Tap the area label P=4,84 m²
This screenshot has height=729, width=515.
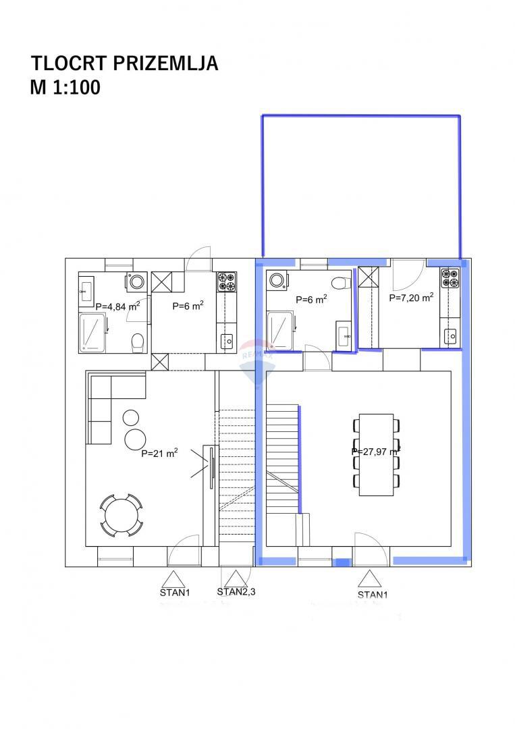117,306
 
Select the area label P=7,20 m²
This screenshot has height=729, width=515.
411,296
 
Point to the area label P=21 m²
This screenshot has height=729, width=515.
159,454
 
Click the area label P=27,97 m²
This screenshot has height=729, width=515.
376,452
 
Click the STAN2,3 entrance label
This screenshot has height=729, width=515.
236,592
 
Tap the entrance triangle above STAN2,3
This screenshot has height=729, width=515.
235,578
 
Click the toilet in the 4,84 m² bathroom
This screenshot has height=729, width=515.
137,342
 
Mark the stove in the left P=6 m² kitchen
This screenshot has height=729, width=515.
227,281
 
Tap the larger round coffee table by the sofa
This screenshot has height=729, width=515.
134,439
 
